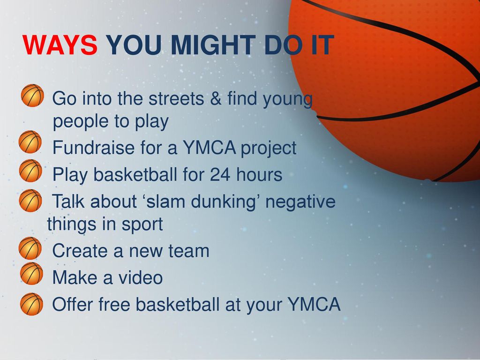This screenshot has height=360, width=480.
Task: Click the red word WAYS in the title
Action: pos(60,45)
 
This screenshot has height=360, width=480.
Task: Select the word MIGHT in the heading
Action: pos(213,45)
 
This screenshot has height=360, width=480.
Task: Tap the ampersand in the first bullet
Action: pos(216,98)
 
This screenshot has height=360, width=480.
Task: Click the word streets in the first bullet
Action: pos(176,98)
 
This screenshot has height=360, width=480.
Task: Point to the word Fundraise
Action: pos(93,147)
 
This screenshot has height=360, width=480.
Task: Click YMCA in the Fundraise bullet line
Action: pos(210,147)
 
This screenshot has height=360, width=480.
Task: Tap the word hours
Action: pos(259,174)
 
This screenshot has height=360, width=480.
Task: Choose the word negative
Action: pos(300,202)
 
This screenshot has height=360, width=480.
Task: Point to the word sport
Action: pos(142,225)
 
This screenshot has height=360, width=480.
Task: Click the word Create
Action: pos(80,251)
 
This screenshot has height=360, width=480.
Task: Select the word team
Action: pos(189,251)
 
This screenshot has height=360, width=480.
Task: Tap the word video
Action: pos(141,277)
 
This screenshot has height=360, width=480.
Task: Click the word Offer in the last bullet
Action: pos(72,304)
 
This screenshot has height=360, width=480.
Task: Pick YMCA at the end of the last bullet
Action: pos(314,304)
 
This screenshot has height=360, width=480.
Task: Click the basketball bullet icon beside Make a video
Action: pos(31,273)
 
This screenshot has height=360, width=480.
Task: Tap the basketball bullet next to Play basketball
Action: pos(30,171)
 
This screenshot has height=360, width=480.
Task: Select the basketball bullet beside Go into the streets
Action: pos(32,95)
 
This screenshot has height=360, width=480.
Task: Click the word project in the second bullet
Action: pos(269,149)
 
